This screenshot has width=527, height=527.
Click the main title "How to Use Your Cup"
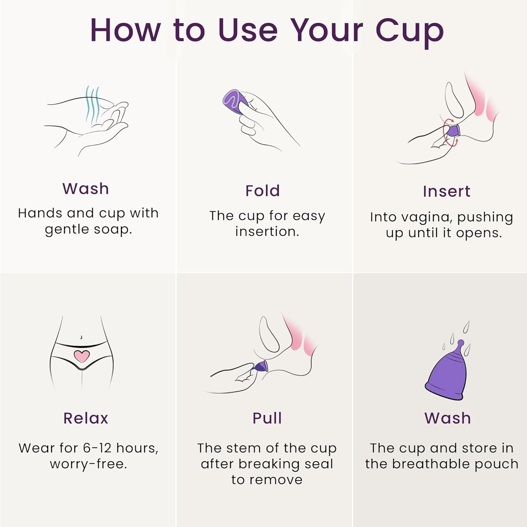click(267, 31)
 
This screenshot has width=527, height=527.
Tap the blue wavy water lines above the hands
click(92, 105)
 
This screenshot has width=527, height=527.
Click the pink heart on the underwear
click(81, 356)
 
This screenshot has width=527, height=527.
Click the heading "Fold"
click(263, 191)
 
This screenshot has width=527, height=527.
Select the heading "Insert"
click(446, 191)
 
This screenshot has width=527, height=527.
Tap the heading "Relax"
click(86, 418)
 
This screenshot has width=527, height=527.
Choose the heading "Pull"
click(267, 418)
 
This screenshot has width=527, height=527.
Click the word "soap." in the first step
click(113, 230)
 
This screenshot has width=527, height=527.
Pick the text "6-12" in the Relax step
click(98, 448)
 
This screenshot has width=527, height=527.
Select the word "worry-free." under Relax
click(88, 464)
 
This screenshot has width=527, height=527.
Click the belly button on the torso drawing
click(81, 337)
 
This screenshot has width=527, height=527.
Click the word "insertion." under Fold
click(267, 232)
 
